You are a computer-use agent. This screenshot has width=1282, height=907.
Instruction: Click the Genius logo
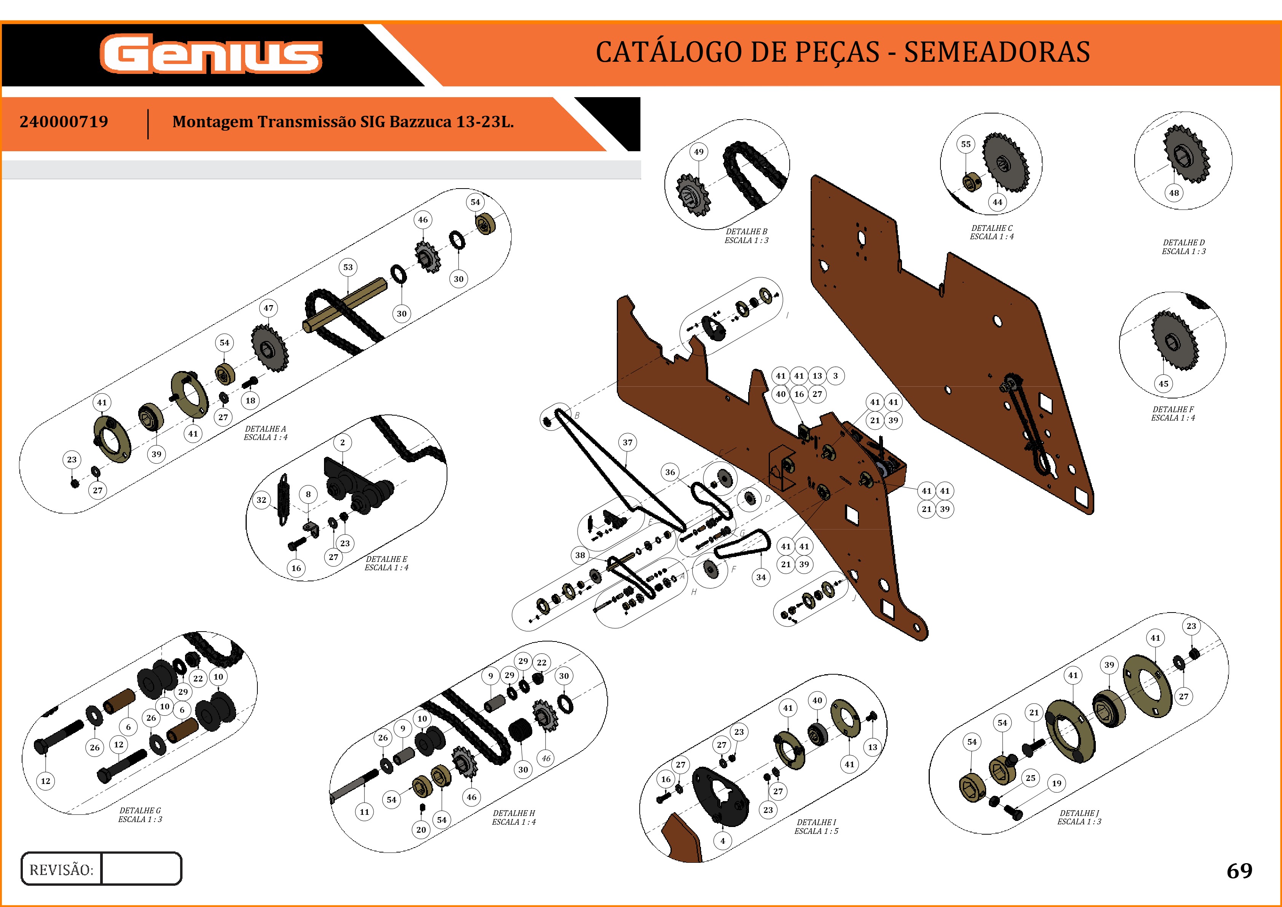pos(211,54)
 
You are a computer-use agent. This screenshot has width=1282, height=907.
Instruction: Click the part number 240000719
pos(64,122)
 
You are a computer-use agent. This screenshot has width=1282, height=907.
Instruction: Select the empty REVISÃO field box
pos(141,869)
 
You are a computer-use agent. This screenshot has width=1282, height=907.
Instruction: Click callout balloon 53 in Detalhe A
pos(348,267)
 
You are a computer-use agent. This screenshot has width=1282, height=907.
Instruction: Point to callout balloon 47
pos(268,308)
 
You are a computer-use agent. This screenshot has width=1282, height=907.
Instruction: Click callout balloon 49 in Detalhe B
pos(699,152)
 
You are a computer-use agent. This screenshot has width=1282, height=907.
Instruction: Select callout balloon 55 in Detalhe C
pos(966,144)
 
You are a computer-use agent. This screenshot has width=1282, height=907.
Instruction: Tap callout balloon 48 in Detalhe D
pos(1174,193)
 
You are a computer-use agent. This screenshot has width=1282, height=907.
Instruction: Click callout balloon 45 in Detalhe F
pos(1164,384)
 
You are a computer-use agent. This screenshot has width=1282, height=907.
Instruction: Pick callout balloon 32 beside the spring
pos(261,500)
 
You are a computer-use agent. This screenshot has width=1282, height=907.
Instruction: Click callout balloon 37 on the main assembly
pos(627,442)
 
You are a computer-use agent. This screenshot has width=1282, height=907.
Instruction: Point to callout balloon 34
pos(761,577)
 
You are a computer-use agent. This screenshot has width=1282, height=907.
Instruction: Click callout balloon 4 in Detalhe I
pos(723,841)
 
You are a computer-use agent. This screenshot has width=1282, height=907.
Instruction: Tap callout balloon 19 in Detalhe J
pos(1057,784)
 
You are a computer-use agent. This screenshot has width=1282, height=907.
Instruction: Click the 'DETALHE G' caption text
pos(140,810)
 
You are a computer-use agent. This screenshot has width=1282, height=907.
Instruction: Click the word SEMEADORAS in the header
pos(997,52)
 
